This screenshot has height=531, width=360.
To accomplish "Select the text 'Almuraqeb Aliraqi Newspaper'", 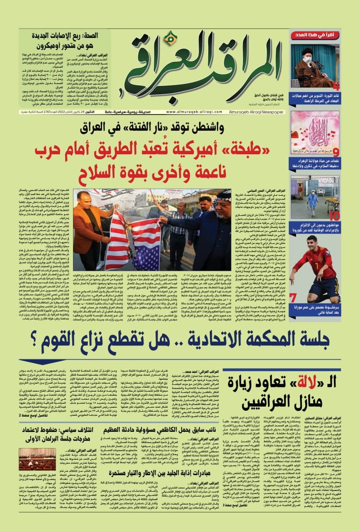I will [x=253, y=112].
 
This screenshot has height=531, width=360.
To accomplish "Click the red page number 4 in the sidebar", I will [x=336, y=86].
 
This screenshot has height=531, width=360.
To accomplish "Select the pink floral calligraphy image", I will [x=314, y=129].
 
